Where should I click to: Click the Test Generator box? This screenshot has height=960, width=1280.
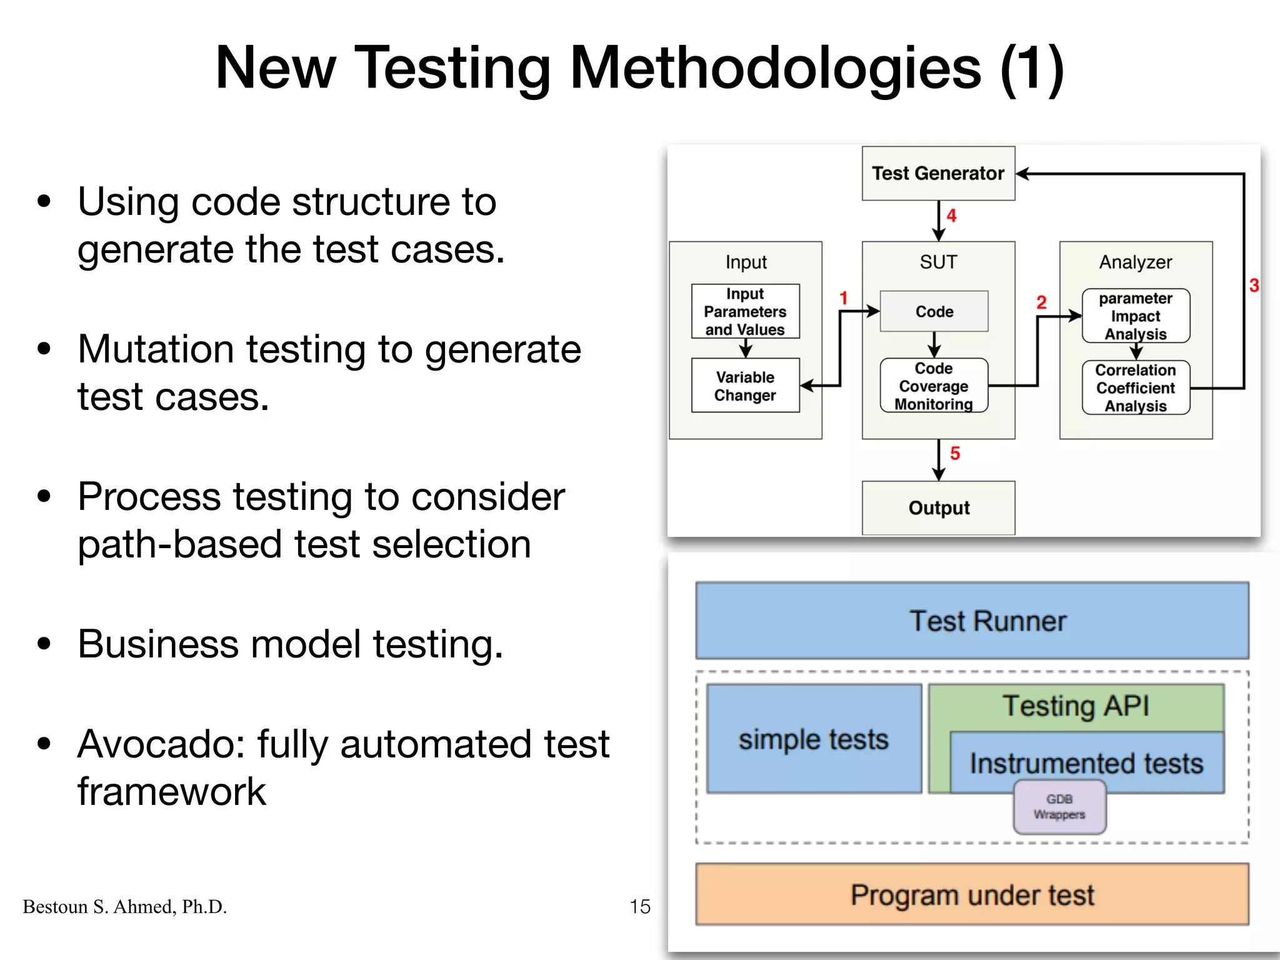937,173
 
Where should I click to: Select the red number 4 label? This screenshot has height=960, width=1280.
951,216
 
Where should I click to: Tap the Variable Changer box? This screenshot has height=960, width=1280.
745,386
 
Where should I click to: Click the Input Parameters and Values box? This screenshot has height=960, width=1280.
745,311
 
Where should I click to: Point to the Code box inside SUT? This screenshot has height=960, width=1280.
934,311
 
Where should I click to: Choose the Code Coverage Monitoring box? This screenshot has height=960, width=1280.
934,386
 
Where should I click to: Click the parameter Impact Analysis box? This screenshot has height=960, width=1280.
1135,316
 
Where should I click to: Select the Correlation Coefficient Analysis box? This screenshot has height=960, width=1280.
1135,387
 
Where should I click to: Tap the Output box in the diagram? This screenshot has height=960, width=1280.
938,507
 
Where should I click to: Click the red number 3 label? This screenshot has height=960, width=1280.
1254,286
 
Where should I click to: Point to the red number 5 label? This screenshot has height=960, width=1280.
954,454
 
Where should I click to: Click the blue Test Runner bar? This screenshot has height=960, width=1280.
972,621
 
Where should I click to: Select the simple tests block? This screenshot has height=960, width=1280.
813,739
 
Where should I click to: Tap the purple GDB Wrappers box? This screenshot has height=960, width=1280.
1059,807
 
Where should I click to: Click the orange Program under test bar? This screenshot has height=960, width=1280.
972,894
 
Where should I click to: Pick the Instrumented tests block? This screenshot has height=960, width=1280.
1086,762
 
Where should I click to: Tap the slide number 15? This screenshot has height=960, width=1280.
639,906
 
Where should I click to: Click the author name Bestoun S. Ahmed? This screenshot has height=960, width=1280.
124,906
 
